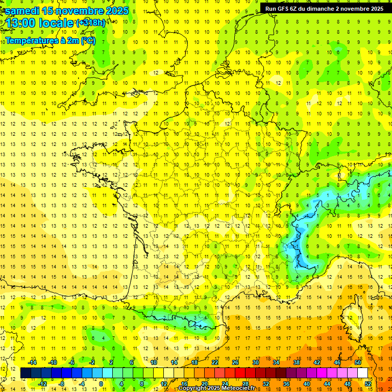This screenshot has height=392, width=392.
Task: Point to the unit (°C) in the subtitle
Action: tap(88, 40)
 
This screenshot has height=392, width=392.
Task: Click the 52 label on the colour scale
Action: tap(368, 384)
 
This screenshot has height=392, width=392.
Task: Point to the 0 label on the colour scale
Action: tap(101, 384)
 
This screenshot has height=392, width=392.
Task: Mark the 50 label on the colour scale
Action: tap(358, 362)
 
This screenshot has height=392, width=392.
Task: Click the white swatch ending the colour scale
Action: tap(363, 373)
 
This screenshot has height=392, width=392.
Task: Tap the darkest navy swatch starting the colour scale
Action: tap(26, 373)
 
